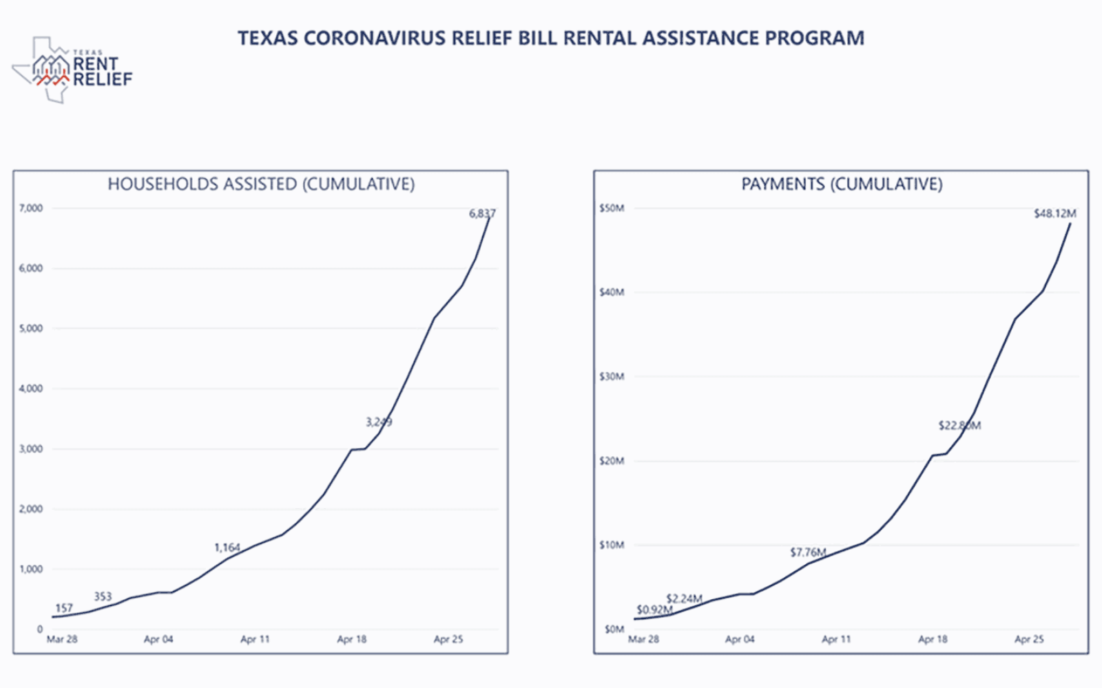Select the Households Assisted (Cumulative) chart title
point(261,184)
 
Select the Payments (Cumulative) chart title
point(842,184)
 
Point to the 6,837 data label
point(482,213)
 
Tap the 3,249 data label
point(379,422)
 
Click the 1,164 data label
point(227,548)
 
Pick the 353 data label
point(103,596)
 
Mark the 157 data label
point(63,608)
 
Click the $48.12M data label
point(1054,213)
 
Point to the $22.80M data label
point(959,425)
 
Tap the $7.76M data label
point(808,552)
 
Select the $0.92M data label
point(654,610)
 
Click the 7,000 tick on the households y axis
point(31,208)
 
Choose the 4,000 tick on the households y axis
point(31,388)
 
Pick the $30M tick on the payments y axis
point(612,376)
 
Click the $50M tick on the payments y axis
point(612,208)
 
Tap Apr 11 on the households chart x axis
point(255,639)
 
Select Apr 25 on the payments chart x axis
point(1029,639)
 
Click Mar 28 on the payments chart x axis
point(643,639)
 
